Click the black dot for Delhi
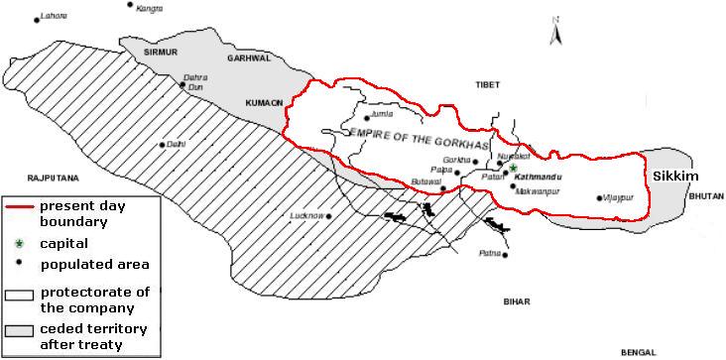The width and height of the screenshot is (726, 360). tap(163, 145)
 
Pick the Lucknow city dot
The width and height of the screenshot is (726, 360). tap(328, 216)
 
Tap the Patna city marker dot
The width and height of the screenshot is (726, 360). tap(505, 255)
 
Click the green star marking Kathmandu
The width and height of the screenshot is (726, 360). tap(513, 167)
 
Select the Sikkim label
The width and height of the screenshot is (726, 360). tap(675, 176)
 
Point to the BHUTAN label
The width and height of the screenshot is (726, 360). tap(704, 197)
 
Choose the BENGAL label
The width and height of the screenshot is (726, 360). tap(639, 352)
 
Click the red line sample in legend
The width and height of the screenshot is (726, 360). tap(19, 205)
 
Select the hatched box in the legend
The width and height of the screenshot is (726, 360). tap(19, 295)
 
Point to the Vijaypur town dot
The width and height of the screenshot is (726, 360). tap(599, 198)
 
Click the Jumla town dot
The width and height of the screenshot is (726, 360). tap(365, 117)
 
